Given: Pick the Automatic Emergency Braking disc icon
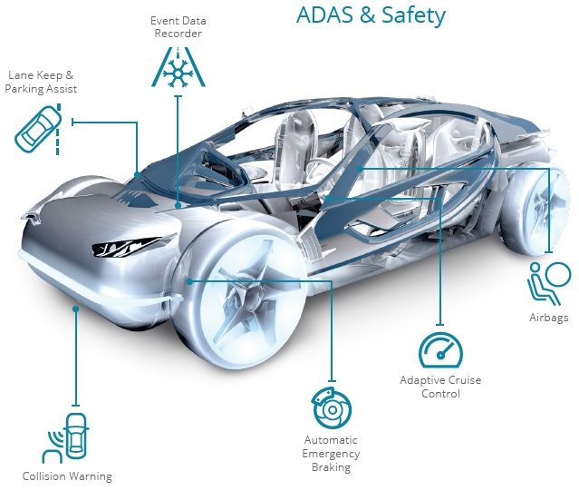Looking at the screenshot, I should [331, 410].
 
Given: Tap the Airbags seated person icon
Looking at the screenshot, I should [549, 281].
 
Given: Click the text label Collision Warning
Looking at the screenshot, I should [68, 475].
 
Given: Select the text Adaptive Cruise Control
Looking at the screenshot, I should [441, 387].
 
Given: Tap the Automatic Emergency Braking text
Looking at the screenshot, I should [331, 454].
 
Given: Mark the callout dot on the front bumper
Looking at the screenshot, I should [76, 309].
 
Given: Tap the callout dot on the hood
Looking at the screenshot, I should [179, 205].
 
